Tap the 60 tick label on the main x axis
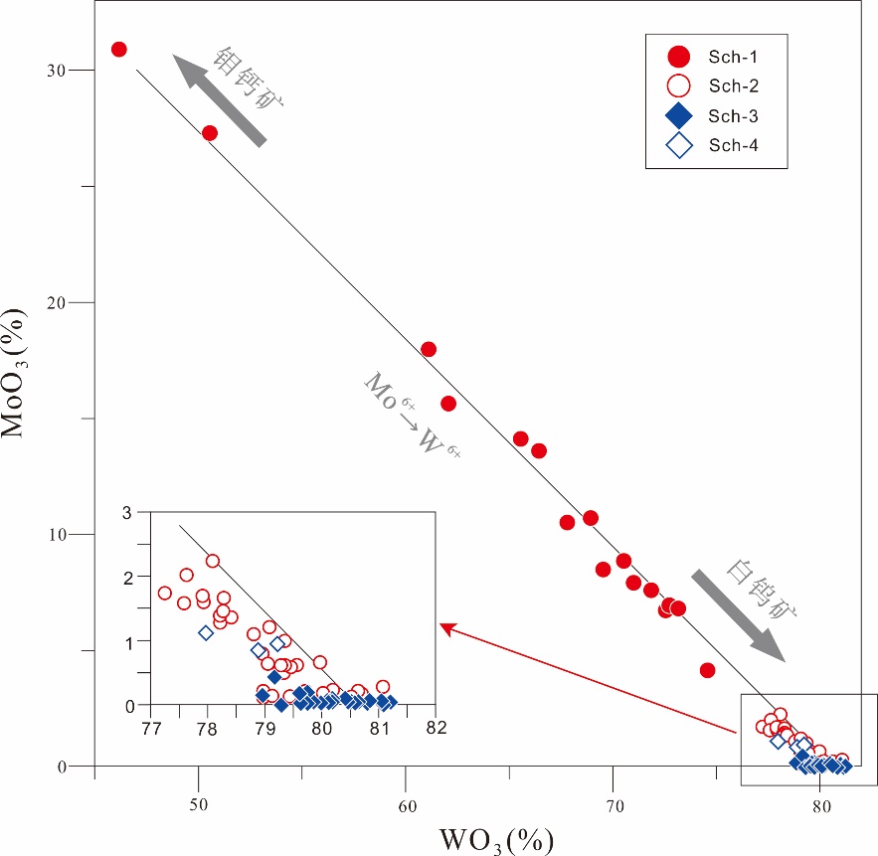click(406, 804)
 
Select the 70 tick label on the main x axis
click(613, 804)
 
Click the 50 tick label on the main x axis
click(199, 804)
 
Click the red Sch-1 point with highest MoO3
click(119, 49)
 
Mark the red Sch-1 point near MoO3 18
click(429, 349)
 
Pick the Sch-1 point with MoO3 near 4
click(708, 670)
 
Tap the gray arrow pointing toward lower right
click(738, 614)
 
